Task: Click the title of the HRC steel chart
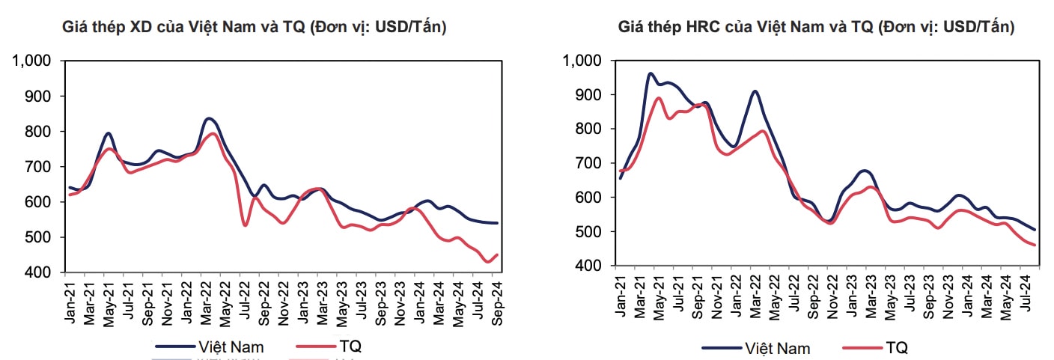[816, 28]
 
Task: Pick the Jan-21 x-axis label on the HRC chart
[621, 294]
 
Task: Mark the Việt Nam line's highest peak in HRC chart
[650, 73]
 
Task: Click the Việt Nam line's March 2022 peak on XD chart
[209, 118]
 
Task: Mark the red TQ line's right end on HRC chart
[1035, 245]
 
